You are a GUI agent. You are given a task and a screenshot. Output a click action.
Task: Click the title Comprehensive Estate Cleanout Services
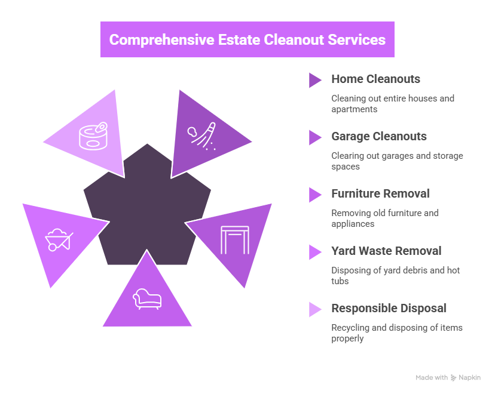coord(247,40)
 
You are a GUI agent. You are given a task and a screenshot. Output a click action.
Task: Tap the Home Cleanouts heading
coord(375,79)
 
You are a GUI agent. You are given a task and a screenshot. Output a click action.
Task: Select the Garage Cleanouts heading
coord(378,137)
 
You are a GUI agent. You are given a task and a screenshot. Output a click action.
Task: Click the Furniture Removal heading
coord(380,194)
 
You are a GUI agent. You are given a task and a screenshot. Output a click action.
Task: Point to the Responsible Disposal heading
coord(389,309)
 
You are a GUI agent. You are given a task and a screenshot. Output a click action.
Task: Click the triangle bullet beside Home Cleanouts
coord(314,80)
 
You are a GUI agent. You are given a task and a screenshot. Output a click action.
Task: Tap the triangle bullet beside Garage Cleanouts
coord(314,137)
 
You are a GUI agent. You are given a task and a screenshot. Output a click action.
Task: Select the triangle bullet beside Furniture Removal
coord(314,195)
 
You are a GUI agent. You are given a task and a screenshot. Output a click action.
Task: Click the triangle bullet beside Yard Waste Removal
coord(314,252)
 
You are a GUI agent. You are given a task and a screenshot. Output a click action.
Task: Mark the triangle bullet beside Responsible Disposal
coord(314,309)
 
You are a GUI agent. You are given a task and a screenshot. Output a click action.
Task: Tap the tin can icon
coord(95,138)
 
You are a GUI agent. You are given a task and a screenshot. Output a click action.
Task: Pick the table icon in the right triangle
coord(234,239)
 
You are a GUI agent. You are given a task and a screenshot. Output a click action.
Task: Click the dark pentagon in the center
coord(147,203)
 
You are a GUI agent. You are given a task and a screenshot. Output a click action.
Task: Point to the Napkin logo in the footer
coord(465,378)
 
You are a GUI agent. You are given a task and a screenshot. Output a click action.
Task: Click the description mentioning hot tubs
coord(395,275)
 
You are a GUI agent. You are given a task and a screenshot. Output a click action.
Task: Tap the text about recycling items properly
coord(396,333)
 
